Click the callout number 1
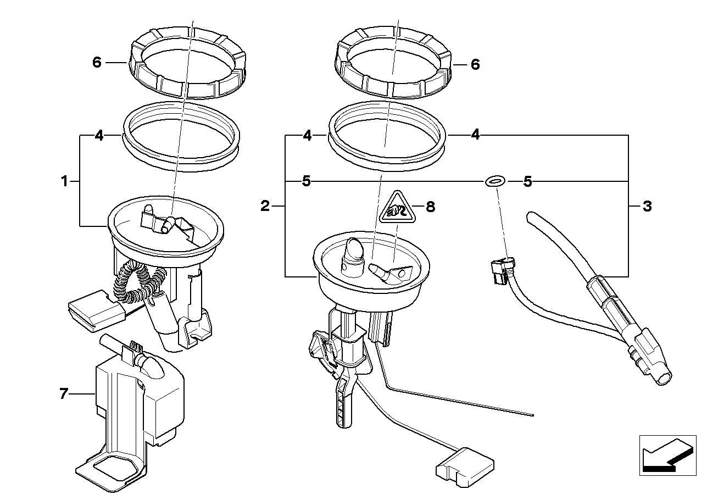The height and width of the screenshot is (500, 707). pos(65,181)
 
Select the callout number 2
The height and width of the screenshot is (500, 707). pos(265,206)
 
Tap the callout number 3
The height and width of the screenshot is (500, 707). pos(647,207)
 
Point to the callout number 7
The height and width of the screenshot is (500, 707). pos(64,393)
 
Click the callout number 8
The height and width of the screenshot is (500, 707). pos(430,207)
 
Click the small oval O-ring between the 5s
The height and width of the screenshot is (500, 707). pos(494,181)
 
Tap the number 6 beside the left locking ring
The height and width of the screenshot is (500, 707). pos(97,63)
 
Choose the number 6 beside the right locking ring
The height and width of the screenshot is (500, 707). pos(475,64)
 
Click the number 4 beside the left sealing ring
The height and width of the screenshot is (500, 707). pos(99,135)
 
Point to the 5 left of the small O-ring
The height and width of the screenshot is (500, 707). pos(307,181)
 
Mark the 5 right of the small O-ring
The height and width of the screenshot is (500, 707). pos(528,181)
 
